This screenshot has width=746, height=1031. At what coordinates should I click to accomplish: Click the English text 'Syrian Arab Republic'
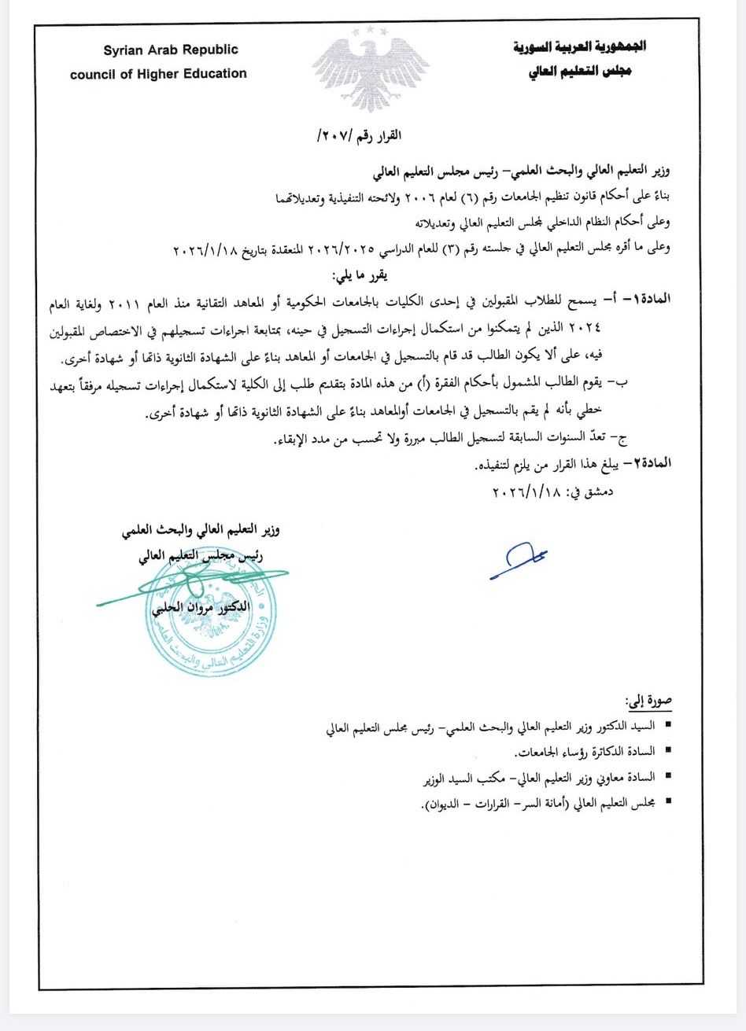pyautogui.click(x=170, y=50)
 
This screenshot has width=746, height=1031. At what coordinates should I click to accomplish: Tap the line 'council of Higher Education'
pyautogui.click(x=158, y=74)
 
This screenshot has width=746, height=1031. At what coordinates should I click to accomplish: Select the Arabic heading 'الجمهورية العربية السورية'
pyautogui.click(x=579, y=47)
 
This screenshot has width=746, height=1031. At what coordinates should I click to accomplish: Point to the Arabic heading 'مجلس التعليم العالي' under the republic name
pyautogui.click(x=579, y=72)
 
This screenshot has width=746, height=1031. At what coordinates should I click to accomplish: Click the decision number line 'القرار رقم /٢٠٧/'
pyautogui.click(x=359, y=136)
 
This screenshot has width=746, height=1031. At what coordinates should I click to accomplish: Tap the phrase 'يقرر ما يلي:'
pyautogui.click(x=359, y=276)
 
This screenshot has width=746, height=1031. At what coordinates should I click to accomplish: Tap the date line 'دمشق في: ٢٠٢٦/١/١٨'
pyautogui.click(x=552, y=493)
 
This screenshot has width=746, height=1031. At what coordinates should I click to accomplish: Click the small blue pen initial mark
pyautogui.click(x=517, y=560)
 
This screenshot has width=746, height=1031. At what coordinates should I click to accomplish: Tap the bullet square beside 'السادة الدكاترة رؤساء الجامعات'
pyautogui.click(x=668, y=752)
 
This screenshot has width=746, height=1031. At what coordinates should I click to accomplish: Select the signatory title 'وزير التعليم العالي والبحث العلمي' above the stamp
pyautogui.click(x=201, y=530)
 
